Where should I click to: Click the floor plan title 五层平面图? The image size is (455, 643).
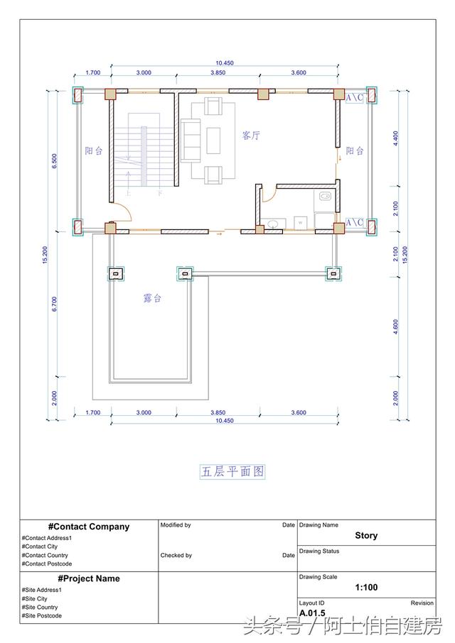234,471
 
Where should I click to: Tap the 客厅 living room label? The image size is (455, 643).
250,136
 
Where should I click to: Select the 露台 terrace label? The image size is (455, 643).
152,299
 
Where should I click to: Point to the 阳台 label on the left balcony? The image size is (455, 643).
94,151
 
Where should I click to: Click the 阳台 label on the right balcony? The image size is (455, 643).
355,151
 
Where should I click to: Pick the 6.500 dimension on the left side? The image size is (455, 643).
55,161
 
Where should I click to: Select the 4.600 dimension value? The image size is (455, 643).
396,326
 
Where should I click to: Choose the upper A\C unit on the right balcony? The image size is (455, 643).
355,98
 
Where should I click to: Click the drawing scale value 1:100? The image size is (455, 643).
366,588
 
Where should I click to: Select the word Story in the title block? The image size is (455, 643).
366,536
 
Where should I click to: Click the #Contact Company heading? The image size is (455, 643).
89,527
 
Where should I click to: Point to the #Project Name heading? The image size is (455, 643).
89,578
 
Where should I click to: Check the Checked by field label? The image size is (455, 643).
176,555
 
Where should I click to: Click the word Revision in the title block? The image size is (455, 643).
422,603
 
